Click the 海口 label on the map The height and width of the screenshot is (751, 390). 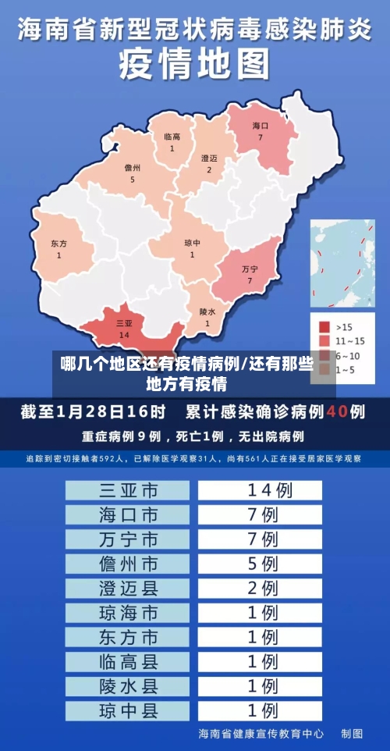click(260, 126)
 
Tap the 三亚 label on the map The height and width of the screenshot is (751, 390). click(124, 322)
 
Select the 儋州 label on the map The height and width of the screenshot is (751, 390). click(133, 168)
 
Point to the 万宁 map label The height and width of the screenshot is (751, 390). click(250, 269)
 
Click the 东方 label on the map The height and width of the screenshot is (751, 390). click(58, 244)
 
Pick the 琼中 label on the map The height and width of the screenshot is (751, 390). click(192, 243)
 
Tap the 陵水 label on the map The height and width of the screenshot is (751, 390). click(207, 311)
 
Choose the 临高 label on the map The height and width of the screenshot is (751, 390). click(172, 137)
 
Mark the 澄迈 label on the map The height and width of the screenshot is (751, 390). click(209, 158)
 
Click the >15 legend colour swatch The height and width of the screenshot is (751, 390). click(324, 327)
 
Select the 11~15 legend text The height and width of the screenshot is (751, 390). click(350, 340)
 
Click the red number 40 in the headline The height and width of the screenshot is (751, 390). click(337, 411)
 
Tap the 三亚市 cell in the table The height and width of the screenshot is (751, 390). click(128, 490)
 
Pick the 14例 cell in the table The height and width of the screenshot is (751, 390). click(261, 490)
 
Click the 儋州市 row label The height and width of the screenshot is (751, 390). click(128, 563)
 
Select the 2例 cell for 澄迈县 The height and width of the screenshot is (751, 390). click(261, 587)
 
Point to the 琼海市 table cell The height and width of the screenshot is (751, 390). click(128, 612)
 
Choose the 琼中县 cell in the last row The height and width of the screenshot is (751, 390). click(128, 710)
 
